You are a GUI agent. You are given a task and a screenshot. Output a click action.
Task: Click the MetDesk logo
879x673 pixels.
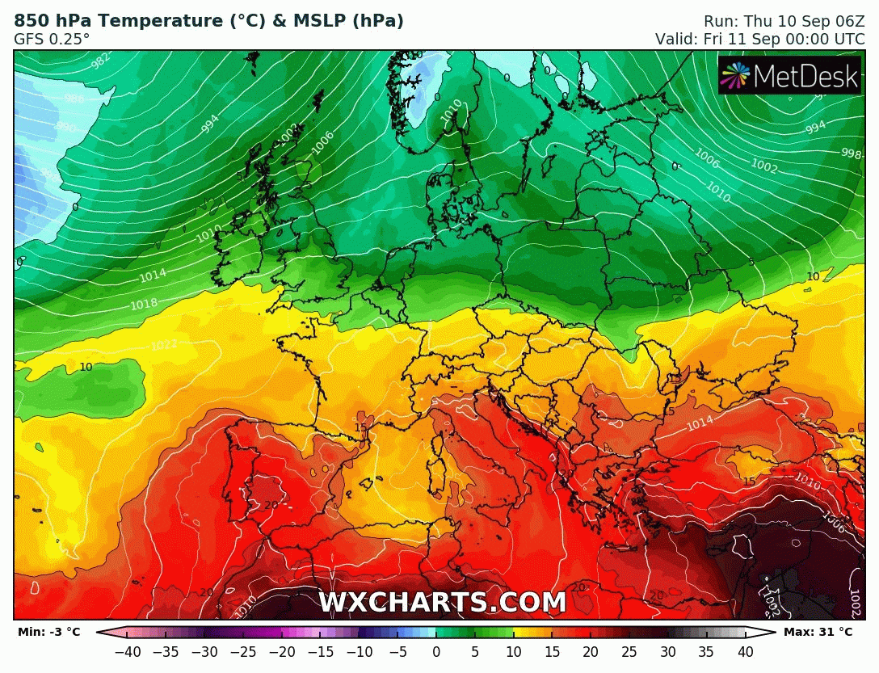point(789,76)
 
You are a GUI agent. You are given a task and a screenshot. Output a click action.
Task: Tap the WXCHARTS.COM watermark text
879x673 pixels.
point(442,603)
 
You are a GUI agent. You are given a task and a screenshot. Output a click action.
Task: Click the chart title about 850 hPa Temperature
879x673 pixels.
point(208,21)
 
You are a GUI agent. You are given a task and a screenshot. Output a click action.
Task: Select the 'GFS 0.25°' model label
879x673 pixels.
point(52,39)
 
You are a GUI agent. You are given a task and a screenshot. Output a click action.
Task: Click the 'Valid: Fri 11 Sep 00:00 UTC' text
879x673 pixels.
point(759,39)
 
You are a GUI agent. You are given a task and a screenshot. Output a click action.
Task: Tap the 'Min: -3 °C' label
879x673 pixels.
point(48,632)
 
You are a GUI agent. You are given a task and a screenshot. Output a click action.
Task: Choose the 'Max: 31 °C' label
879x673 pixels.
point(818,632)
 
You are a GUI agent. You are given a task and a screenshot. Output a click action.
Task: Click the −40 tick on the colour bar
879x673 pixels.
point(128,651)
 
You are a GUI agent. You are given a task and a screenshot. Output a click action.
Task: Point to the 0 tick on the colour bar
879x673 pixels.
point(436,651)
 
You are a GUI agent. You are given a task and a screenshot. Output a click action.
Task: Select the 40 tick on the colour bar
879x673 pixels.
point(745,651)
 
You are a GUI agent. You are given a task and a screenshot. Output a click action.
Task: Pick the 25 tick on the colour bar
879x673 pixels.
point(629,651)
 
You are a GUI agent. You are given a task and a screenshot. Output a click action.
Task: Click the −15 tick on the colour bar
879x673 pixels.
point(321,651)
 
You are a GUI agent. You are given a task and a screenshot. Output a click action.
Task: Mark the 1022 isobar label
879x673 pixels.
point(164,345)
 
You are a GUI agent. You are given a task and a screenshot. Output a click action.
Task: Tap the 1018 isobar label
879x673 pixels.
point(144,304)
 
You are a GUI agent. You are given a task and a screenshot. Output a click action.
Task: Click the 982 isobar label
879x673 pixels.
point(101,61)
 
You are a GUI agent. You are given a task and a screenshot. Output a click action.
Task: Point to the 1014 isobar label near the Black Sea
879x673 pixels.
point(700,422)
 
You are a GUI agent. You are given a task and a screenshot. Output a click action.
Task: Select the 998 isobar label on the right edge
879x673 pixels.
point(852,154)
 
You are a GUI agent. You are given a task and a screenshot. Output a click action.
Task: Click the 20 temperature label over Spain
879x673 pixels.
point(271,505)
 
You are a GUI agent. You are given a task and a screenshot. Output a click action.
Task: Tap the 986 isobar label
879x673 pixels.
point(74,99)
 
